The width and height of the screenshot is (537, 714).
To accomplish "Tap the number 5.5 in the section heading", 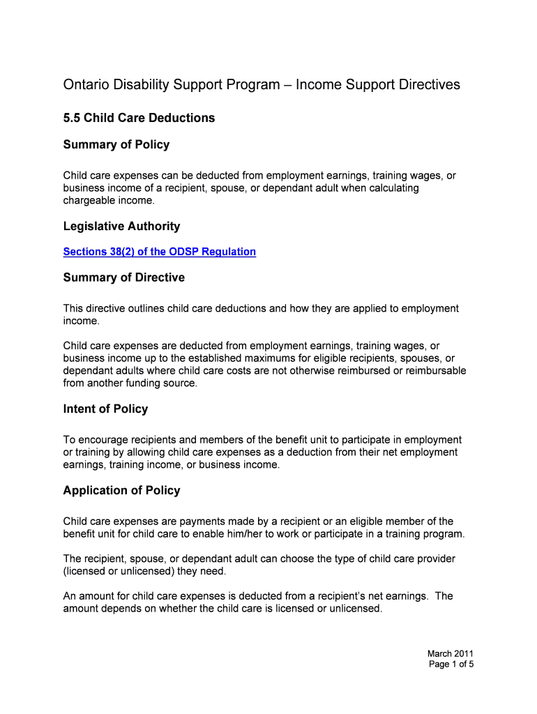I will [72, 118].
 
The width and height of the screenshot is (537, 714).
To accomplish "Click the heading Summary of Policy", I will [116, 145].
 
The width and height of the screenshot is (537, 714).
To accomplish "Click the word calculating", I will [391, 188].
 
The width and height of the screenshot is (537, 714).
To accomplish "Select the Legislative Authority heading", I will [121, 227].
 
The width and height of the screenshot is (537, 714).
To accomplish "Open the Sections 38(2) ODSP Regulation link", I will [159, 252].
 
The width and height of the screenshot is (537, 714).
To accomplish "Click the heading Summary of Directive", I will [123, 278].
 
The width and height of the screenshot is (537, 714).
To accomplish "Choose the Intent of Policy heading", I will [105, 409].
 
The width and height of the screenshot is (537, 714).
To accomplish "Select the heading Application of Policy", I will [121, 491].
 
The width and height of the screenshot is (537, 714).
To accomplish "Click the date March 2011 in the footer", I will [451, 653].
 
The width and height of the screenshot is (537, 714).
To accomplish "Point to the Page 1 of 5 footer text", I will [451, 664].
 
